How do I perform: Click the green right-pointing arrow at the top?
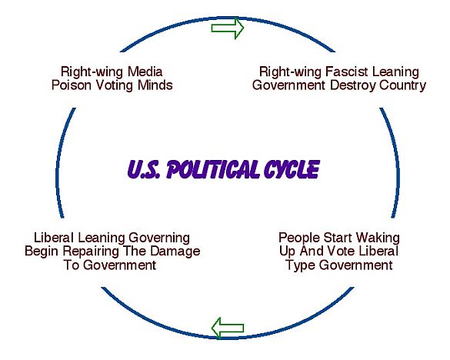(x=228, y=28)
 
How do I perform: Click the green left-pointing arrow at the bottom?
(x=228, y=328)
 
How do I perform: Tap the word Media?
(x=145, y=72)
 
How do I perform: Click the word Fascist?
(x=346, y=72)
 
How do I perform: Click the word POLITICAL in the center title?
(x=214, y=169)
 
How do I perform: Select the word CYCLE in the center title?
(x=292, y=169)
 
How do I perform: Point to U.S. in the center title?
(x=144, y=169)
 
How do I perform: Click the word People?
(x=299, y=238)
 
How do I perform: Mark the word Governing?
(x=159, y=238)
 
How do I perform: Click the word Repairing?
(x=91, y=252)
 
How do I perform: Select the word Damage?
(x=175, y=252)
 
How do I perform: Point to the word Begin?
(x=42, y=252)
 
